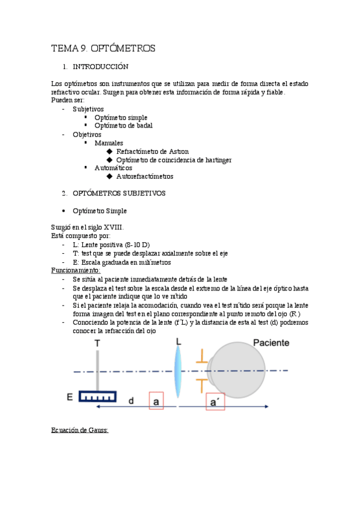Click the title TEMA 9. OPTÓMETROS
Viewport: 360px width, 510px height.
point(103,48)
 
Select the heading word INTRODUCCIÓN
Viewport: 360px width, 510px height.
point(100,66)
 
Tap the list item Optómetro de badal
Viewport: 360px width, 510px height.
point(123,126)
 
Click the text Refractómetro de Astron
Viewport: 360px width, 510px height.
point(152,152)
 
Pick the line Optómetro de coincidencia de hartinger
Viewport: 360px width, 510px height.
point(174,160)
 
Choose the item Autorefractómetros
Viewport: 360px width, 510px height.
point(145,177)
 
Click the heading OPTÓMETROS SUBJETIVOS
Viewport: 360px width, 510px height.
point(119,194)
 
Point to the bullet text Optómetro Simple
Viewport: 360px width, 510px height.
point(100,211)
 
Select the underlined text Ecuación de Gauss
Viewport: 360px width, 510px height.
point(79,430)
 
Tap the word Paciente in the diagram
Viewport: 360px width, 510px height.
point(270,343)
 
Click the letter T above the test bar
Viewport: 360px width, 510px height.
point(97,343)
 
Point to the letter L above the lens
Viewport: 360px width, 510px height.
point(178,342)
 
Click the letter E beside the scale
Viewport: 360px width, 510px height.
point(70,397)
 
